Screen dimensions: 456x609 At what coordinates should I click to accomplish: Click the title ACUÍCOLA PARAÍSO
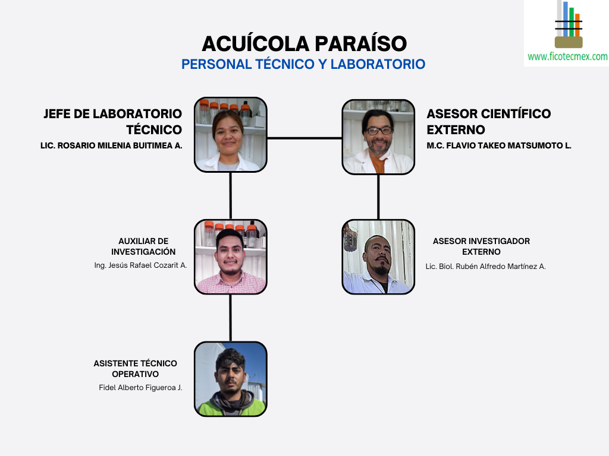tap(304, 44)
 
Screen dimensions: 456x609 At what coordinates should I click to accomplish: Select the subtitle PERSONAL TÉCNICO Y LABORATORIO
tap(303, 64)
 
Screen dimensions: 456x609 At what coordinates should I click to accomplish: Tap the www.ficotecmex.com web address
tap(567, 57)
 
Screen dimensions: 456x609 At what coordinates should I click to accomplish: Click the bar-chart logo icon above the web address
tap(568, 25)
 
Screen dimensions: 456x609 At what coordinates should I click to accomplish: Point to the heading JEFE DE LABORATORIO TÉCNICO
tap(113, 121)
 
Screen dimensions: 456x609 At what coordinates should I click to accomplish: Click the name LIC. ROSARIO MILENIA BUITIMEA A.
tap(111, 145)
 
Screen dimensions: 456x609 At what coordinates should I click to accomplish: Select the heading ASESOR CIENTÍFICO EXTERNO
tap(488, 121)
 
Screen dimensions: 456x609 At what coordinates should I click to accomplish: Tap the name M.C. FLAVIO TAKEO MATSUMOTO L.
tap(498, 145)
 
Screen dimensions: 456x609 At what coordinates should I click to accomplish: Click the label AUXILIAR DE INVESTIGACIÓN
tap(143, 246)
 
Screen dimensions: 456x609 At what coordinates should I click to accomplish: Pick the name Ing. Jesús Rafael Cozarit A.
tap(140, 265)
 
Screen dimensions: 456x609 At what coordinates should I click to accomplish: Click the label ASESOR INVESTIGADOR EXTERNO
tap(481, 246)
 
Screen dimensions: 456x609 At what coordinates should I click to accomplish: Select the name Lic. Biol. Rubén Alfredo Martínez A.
tap(485, 267)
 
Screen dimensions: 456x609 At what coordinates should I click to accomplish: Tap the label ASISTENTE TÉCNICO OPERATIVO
tap(135, 369)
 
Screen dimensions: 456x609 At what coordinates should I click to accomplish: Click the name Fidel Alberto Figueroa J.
tap(140, 388)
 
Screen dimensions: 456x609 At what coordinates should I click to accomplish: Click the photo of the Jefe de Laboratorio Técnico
tap(231, 135)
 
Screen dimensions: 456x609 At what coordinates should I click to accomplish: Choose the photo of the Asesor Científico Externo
tap(378, 137)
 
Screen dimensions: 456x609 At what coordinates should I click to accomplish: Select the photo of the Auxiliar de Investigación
tap(231, 256)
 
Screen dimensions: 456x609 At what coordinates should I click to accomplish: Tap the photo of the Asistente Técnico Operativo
tap(231, 379)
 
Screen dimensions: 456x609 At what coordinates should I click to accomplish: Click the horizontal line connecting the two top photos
tap(304, 138)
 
